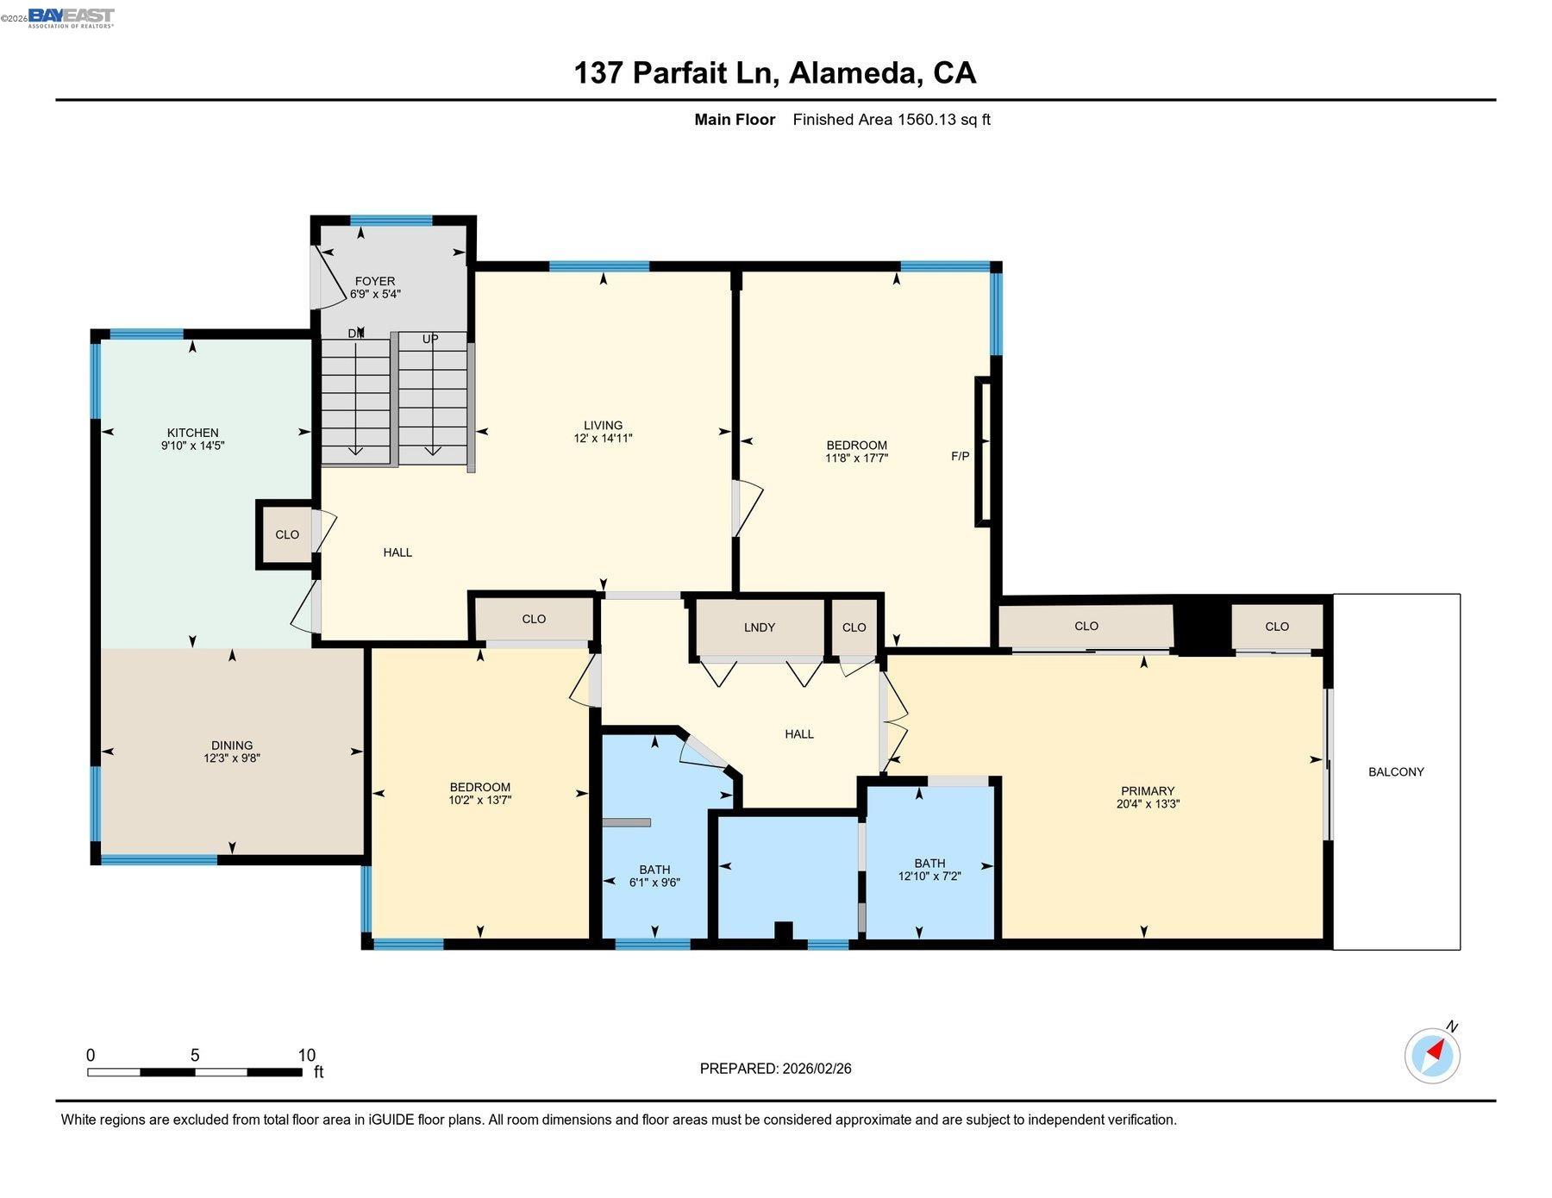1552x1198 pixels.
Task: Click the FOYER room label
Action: (x=374, y=287)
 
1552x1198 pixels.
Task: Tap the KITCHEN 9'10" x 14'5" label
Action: (x=192, y=439)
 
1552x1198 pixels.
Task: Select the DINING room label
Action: (x=232, y=752)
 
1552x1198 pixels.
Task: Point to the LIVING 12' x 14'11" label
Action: (x=603, y=431)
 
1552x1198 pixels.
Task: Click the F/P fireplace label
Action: (x=960, y=456)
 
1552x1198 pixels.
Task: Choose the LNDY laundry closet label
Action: (x=759, y=627)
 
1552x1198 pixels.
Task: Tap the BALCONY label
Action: (x=1395, y=772)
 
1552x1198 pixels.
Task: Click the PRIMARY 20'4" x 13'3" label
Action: (x=1147, y=797)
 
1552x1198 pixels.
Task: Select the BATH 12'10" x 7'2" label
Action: (x=929, y=869)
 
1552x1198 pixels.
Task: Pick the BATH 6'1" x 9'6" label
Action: (x=654, y=876)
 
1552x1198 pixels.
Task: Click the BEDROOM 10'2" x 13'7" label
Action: (x=479, y=793)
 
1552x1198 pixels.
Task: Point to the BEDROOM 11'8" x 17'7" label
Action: (x=855, y=452)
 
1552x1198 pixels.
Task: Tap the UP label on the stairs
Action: (x=430, y=339)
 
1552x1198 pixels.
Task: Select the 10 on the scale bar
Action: (x=306, y=1055)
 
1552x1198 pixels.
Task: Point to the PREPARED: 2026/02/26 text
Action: (x=775, y=1069)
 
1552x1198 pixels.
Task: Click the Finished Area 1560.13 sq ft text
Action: (x=891, y=120)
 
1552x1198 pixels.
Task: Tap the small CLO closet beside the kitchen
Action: (x=286, y=535)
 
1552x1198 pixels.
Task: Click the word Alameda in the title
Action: (x=850, y=72)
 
